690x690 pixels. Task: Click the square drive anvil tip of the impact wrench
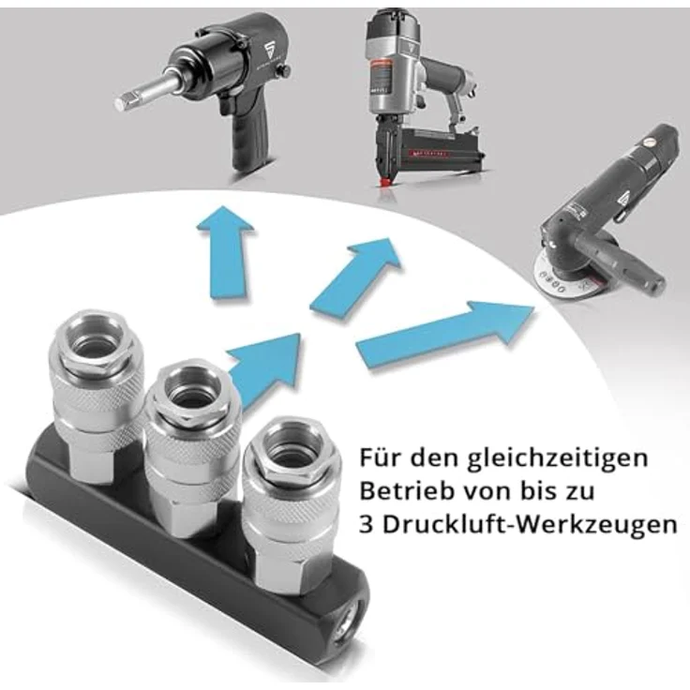[x=126, y=100]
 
